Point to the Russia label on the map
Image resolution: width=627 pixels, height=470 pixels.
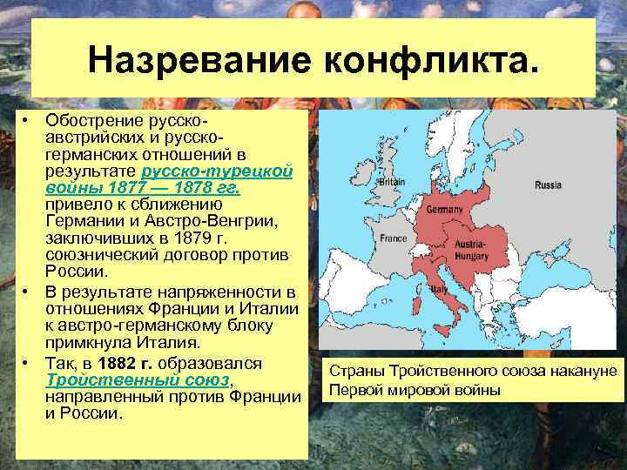point(548,185)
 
